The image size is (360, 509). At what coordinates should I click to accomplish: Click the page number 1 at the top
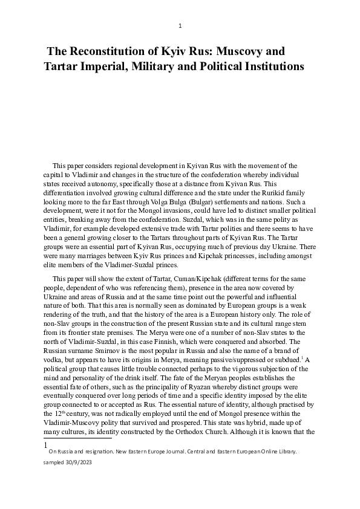tap(180, 26)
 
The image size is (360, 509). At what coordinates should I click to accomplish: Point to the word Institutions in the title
tap(269, 66)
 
